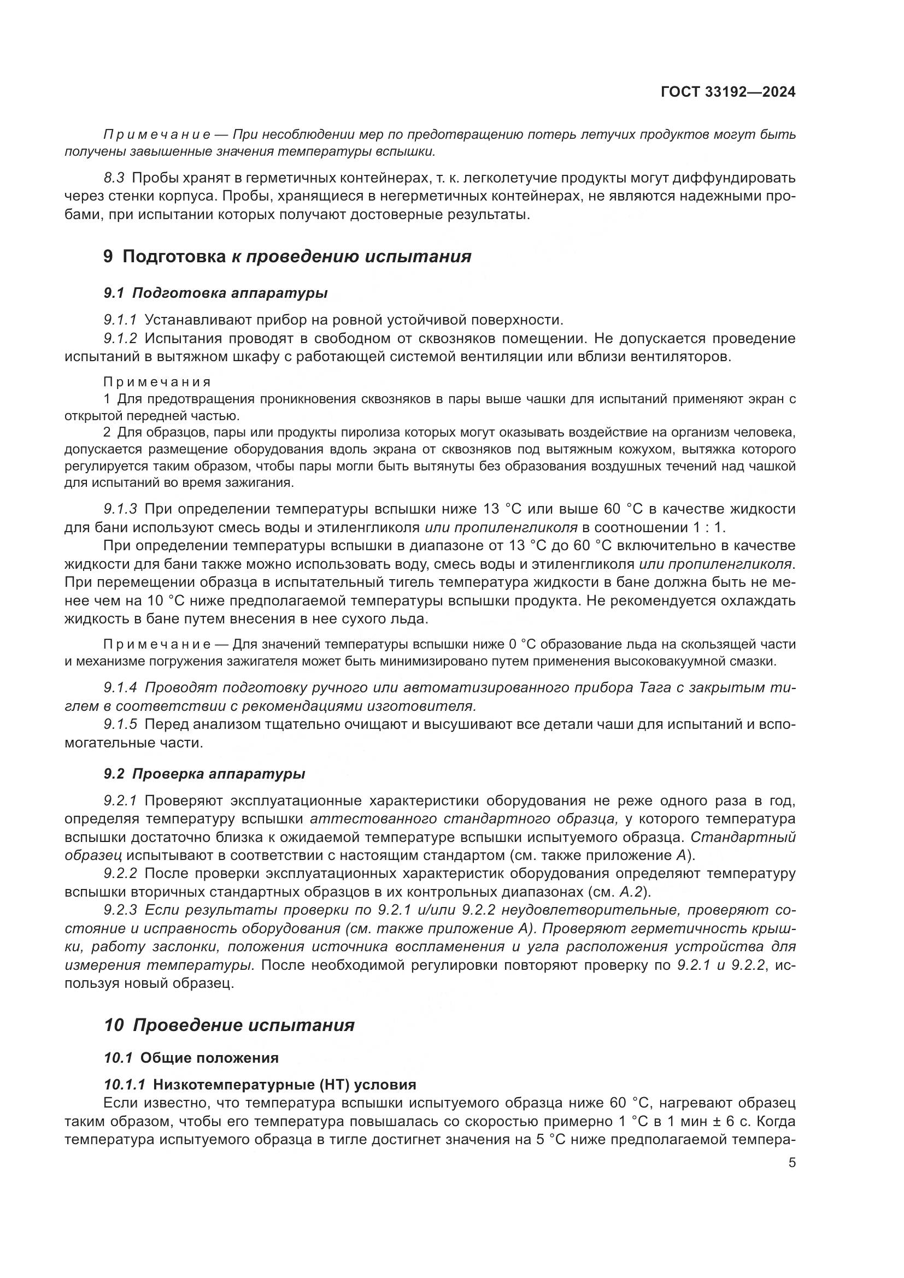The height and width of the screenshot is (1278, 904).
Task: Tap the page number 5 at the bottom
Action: tap(791, 1163)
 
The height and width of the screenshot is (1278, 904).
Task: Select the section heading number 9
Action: tap(108, 257)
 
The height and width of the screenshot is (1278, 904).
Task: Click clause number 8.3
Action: tap(114, 178)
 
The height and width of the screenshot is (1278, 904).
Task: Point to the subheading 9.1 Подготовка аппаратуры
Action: tap(215, 293)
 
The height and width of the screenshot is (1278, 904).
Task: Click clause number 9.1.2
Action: tap(120, 338)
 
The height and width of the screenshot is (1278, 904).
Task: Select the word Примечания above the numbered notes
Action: tap(157, 382)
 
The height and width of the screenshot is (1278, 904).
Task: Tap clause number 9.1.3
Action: tap(120, 509)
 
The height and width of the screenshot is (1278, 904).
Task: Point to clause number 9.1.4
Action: tap(120, 688)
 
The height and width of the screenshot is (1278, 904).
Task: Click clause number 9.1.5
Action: tap(120, 725)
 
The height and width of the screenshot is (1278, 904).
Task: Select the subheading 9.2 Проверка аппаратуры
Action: tap(204, 774)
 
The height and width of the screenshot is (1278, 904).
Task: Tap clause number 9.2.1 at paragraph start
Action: tap(120, 801)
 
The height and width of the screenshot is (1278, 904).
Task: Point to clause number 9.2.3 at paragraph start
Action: tap(120, 911)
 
